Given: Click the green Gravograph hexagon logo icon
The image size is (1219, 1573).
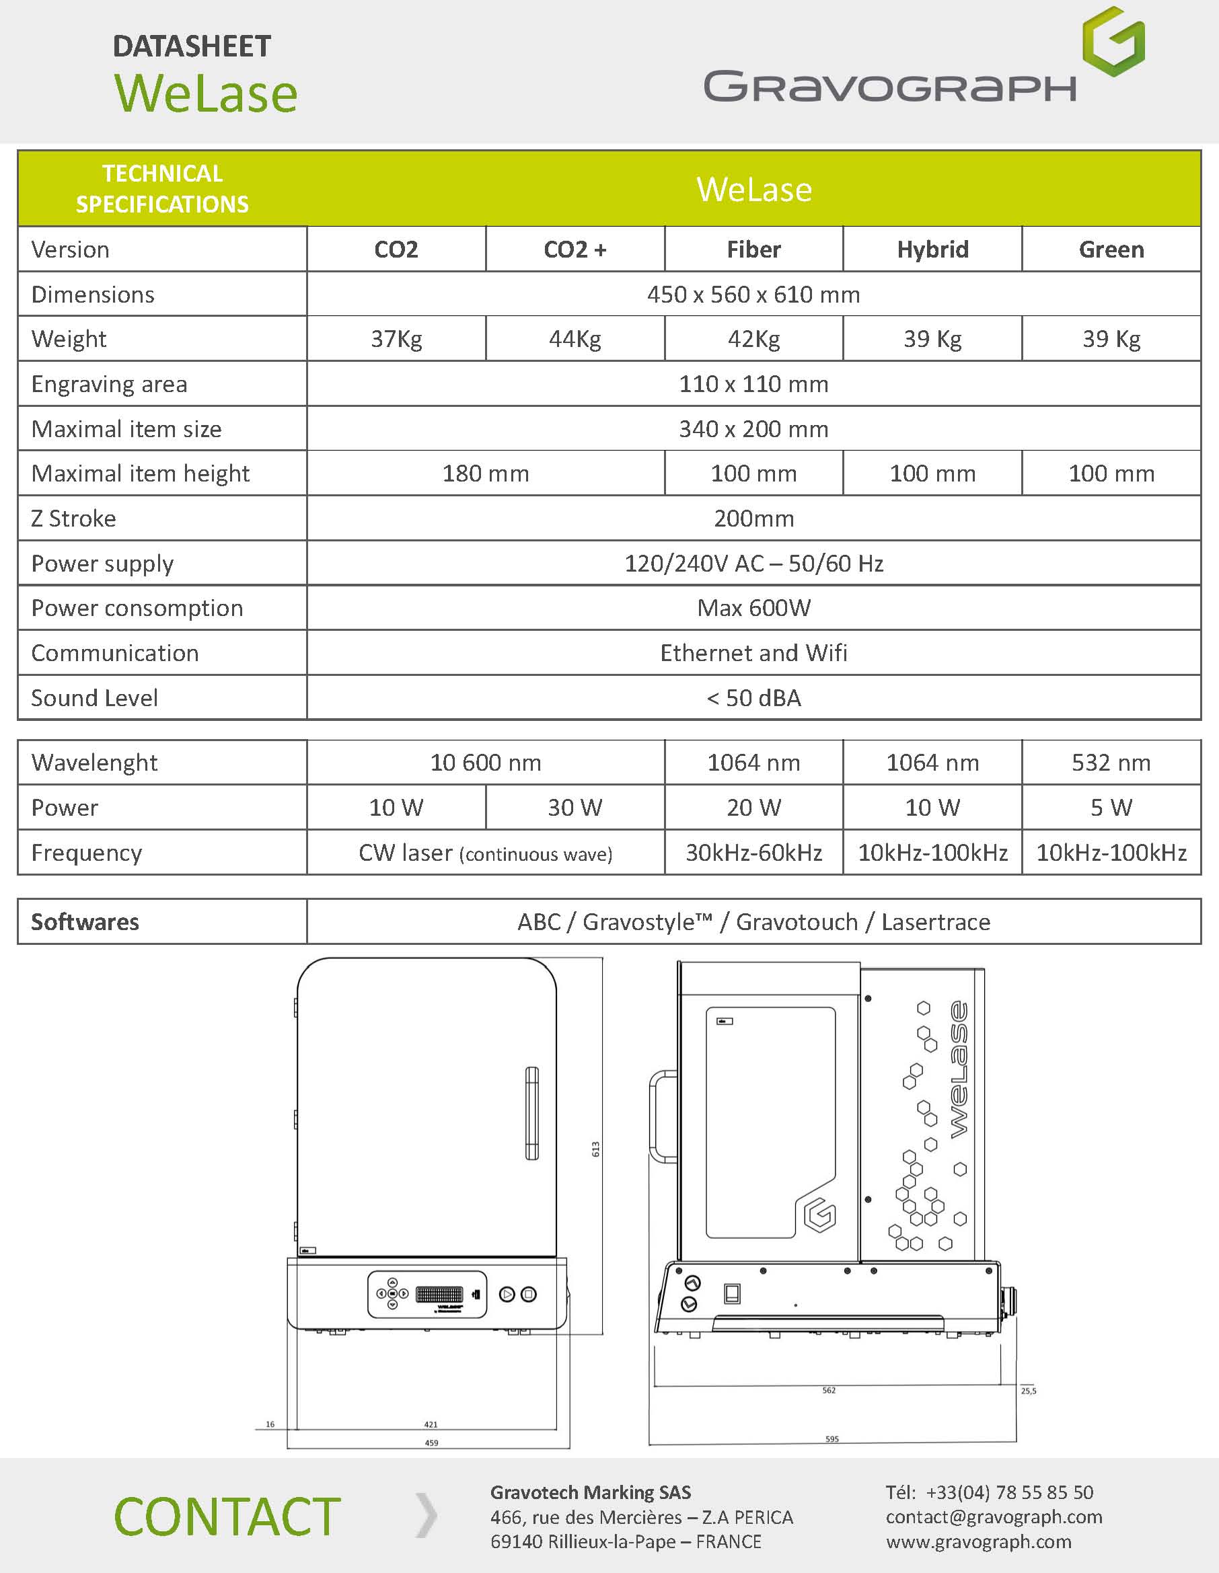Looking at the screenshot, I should [1113, 41].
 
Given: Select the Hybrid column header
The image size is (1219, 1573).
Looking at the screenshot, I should [932, 250].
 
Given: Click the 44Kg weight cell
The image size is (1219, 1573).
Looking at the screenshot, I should [575, 338].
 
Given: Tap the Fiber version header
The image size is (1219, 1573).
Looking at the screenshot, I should [753, 250].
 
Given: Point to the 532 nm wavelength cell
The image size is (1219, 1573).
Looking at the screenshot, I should [1111, 762].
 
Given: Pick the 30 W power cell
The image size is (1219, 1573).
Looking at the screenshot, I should [575, 808].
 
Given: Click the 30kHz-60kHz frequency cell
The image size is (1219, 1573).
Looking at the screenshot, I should [753, 853].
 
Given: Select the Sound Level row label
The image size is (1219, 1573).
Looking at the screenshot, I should [94, 698].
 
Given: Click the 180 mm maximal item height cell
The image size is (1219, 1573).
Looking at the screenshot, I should [486, 473].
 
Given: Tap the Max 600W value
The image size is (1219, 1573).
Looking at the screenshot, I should [753, 608].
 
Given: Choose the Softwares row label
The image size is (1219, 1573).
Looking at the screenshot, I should [85, 922].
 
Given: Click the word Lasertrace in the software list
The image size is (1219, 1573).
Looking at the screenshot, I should [936, 922].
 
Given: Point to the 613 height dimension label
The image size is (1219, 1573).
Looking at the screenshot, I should [596, 1149].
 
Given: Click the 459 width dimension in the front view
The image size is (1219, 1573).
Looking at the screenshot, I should [431, 1443].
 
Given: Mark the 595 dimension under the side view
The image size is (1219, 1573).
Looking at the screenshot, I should [832, 1439].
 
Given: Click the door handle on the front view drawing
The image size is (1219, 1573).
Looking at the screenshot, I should [531, 1113].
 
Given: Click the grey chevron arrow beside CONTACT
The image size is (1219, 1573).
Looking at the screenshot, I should [427, 1515].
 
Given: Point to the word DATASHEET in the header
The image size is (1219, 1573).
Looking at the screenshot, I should [192, 47].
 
